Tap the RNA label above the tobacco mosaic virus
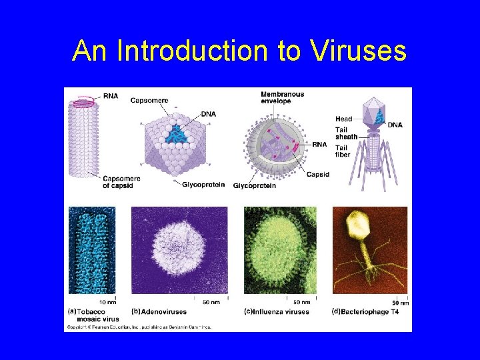click(111, 97)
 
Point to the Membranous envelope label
click(282, 98)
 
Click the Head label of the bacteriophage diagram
click(343, 119)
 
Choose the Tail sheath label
click(346, 133)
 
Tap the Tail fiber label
click(343, 151)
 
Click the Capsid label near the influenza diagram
click(317, 175)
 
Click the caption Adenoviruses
click(163, 312)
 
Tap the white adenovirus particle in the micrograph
click(179, 251)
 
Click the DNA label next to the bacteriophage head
click(395, 125)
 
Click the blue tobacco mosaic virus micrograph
click(92, 250)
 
